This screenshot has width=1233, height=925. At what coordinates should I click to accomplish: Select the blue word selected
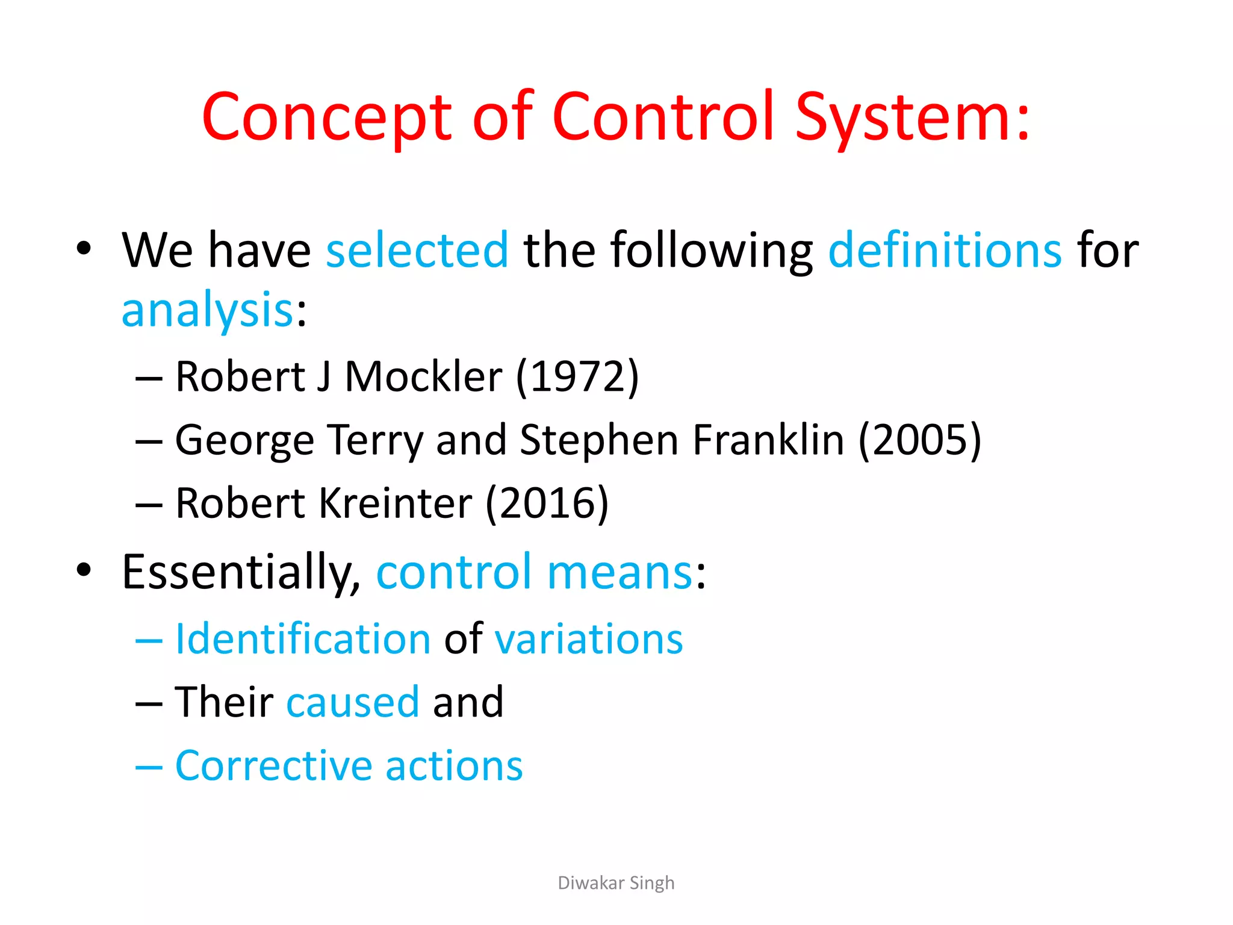coord(417,250)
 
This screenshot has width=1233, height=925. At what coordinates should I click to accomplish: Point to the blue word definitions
coord(945,250)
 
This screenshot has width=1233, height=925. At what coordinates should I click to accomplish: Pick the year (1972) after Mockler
coord(577,376)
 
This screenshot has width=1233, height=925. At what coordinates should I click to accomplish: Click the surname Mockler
coord(423,376)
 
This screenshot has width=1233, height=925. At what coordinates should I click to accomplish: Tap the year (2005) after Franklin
coord(920,440)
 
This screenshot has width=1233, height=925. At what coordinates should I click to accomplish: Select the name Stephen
coord(600,440)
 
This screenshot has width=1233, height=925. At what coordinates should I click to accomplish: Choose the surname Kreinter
coord(396,503)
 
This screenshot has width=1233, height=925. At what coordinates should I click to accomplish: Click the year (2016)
coord(547,503)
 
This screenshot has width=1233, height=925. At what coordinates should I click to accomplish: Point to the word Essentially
coord(241,572)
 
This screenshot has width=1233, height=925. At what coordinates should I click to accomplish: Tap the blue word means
coord(620,572)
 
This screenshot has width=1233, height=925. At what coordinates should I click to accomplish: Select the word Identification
coord(303,638)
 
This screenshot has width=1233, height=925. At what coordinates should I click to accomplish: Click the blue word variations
coord(589,638)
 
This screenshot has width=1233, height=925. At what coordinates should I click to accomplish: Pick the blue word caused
coord(353,702)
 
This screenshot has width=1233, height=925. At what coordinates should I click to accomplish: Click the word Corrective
coord(273,765)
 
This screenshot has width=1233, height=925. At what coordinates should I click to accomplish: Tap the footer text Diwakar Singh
coord(616,883)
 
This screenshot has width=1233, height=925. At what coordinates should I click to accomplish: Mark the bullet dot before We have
coord(84,248)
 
